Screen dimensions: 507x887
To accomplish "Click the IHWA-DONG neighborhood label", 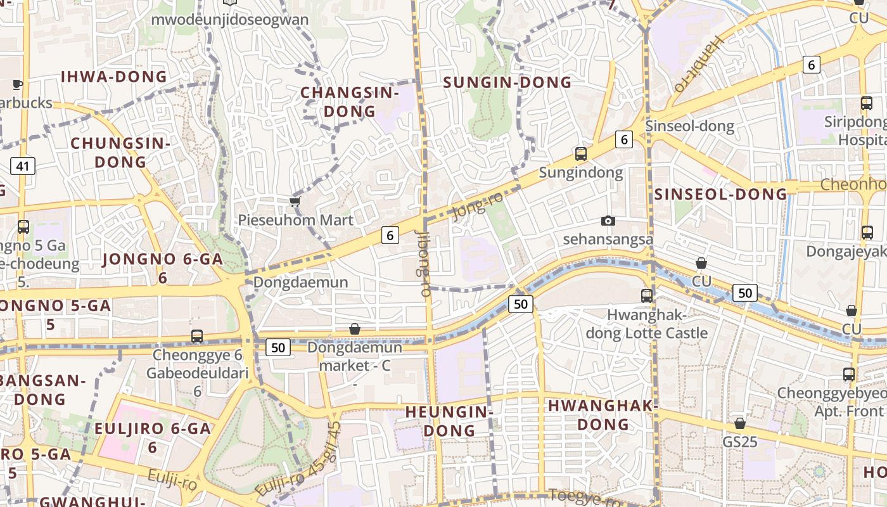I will (114, 77).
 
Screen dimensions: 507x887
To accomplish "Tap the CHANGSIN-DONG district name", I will (350, 101).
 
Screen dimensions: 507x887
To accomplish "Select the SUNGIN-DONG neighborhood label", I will (507, 82).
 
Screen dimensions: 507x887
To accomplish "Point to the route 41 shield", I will (23, 167).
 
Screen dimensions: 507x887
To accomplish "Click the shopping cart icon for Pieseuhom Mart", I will (295, 202).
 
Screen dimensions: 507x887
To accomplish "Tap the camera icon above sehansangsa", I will (608, 221).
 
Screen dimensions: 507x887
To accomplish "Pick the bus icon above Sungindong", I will (581, 153).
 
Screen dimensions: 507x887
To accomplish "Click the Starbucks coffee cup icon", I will (18, 84).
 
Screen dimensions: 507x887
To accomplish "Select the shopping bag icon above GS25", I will (740, 423).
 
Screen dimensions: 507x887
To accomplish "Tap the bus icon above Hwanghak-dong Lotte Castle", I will (647, 295).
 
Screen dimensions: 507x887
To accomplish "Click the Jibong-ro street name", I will (423, 262).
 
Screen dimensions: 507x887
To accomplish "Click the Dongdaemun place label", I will (300, 282).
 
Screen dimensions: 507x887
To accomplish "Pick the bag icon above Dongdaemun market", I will (355, 329).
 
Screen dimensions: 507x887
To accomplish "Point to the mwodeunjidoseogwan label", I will (229, 19).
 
